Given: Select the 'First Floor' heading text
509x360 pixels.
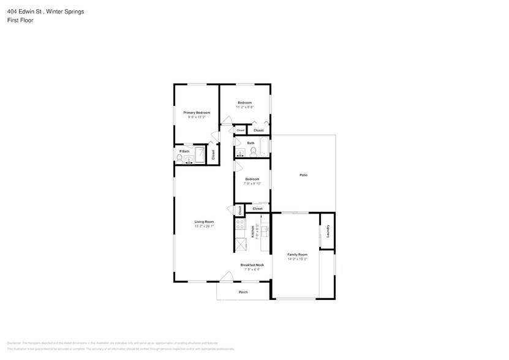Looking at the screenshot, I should pos(20,20).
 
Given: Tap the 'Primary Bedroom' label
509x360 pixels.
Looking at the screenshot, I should pos(197,113).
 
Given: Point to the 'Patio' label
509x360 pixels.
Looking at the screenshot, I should pos(303,175).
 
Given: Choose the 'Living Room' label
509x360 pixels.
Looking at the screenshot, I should pos(204,222).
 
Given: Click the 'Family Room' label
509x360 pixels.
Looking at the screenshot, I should pos(298,254).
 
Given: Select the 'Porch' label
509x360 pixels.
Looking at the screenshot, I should pos(243,292).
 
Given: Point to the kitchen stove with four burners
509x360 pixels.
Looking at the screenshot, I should pos(240,225).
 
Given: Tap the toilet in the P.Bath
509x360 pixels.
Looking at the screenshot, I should pos(179,159).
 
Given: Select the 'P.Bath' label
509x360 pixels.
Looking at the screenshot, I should pos(183,151).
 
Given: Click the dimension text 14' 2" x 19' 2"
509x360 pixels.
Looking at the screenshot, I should pos(298,259).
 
